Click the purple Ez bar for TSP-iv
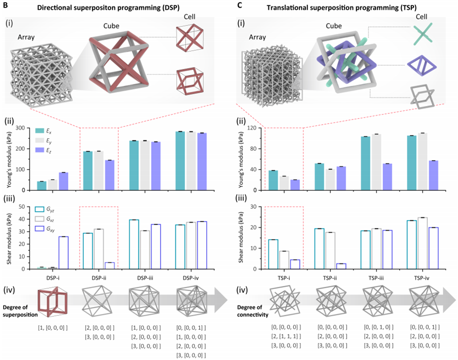point(434,175)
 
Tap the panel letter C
point(240,5)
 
